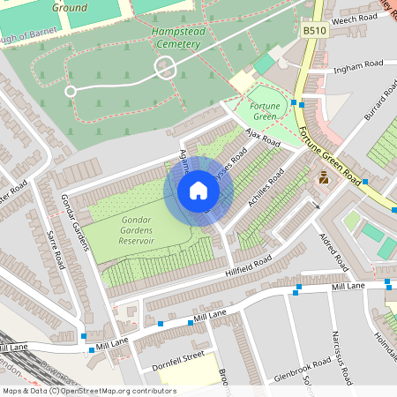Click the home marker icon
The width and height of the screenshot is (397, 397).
[198, 191]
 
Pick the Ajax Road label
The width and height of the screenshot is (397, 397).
[260, 137]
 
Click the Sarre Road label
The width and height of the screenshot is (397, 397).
[54, 250]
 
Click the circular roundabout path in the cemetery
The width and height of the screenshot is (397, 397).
[164, 67]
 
